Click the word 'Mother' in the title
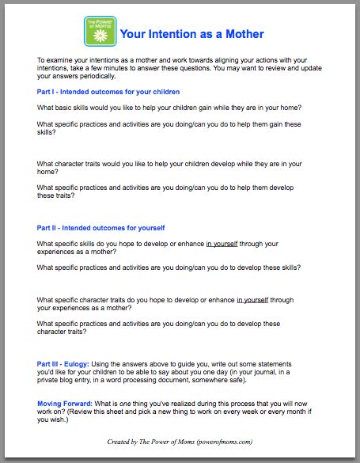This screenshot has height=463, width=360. tap(244, 34)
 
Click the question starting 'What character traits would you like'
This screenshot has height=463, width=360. tap(169, 164)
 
